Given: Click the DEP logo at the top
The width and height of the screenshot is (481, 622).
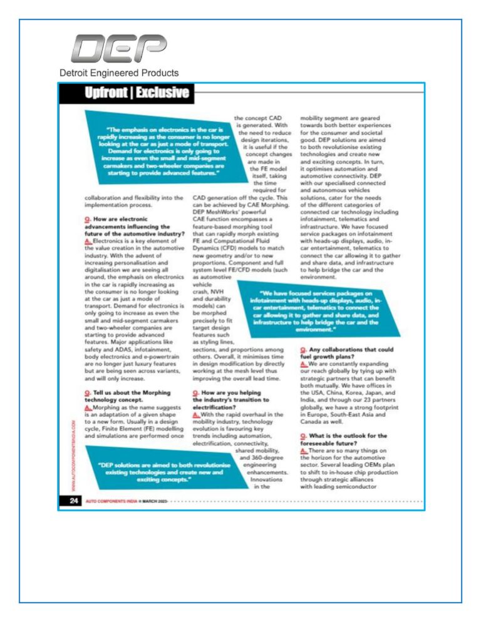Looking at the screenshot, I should [119, 48].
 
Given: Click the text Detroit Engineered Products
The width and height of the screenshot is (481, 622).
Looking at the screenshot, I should [118, 73].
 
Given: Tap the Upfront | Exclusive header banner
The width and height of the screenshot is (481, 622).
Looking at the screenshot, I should [137, 93].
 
